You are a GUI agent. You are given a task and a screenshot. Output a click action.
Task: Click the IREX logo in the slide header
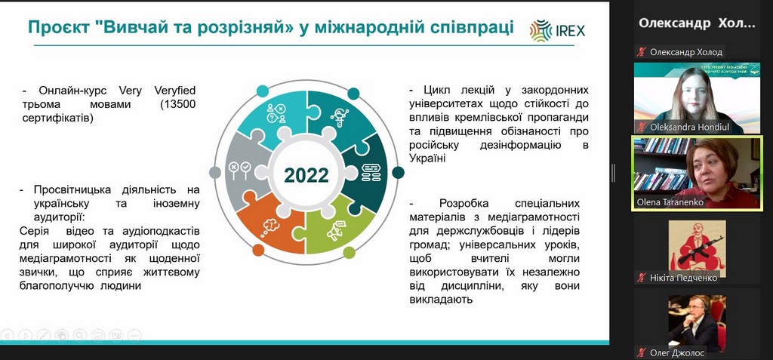tap(558, 30)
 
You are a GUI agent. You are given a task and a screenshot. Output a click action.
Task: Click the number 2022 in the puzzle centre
tap(306, 175)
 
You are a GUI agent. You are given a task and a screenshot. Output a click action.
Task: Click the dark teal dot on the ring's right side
tap(398, 172)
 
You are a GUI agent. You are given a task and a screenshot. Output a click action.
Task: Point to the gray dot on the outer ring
tap(215, 172)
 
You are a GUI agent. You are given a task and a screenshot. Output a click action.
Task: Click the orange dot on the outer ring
tap(258, 250)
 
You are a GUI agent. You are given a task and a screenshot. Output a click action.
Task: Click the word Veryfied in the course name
tap(175, 91)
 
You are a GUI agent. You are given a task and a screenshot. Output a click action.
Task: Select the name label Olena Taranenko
tap(670, 203)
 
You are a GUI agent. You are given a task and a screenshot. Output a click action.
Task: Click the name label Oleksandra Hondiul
tap(690, 128)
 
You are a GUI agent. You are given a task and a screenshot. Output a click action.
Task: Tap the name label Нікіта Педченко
tap(683, 278)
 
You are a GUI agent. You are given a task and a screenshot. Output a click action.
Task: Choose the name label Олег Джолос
tap(677, 352)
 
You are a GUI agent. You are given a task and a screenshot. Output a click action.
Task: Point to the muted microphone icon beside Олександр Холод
tap(641, 52)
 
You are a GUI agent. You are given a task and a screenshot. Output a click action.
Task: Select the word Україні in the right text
tap(427, 158)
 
